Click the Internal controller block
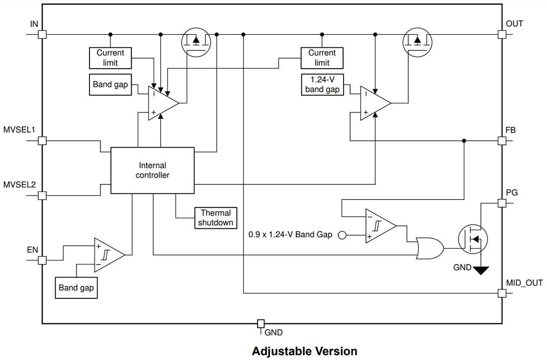point(152,170)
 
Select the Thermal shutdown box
point(216,218)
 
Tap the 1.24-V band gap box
point(322,84)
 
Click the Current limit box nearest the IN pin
point(110,58)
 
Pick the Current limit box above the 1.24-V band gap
point(322,58)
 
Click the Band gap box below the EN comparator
point(76,288)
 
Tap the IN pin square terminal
point(42,34)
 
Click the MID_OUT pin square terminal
point(502,293)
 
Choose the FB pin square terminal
point(502,141)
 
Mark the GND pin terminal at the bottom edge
point(260,324)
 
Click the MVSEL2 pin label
point(19,185)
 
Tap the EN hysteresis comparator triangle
point(108,255)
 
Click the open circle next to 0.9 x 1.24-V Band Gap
point(342,235)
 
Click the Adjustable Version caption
point(304,351)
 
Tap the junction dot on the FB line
point(464,141)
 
